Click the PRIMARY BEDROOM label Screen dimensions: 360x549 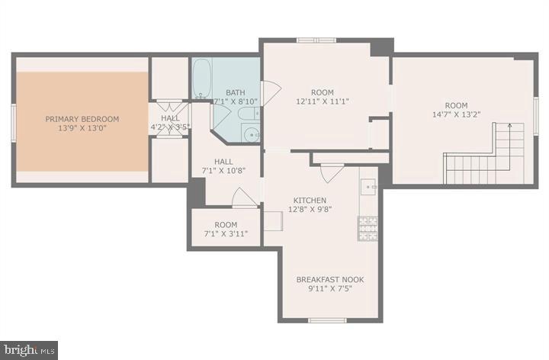(82, 119)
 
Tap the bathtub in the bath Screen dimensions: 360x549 (201, 80)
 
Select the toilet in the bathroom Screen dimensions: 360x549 (249, 114)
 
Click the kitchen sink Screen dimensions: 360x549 (368, 185)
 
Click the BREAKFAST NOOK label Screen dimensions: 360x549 (330, 280)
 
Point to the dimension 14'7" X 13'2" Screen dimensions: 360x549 (457, 116)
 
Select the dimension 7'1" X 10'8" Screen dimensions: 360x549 (223, 172)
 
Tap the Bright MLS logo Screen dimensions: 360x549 (29, 350)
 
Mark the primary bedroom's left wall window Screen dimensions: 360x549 (13, 121)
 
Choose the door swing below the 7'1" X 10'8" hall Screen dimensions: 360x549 (244, 198)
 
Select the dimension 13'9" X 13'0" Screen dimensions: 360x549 (82, 129)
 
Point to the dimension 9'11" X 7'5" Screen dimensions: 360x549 (330, 290)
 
